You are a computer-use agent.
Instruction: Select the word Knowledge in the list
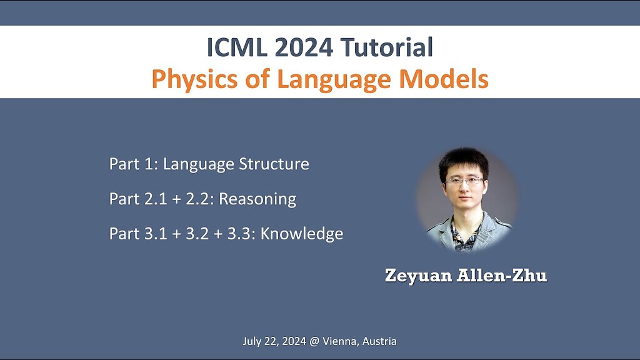pyautogui.click(x=302, y=234)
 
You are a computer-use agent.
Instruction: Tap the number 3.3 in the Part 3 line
pyautogui.click(x=241, y=234)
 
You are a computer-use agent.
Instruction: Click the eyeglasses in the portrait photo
pyautogui.click(x=465, y=181)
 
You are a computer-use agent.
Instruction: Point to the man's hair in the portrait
pyautogui.click(x=463, y=160)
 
